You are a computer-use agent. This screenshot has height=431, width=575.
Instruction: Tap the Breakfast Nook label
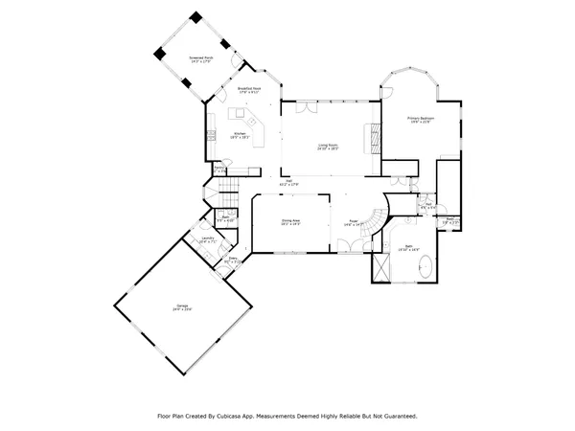pyautogui.click(x=250, y=90)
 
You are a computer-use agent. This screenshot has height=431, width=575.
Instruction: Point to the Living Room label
pyautogui.click(x=329, y=147)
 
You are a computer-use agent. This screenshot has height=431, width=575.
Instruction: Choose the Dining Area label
pyautogui.click(x=290, y=222)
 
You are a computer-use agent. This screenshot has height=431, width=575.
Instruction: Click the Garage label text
pyautogui.click(x=181, y=307)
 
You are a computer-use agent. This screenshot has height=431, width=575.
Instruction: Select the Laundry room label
pyautogui.click(x=206, y=240)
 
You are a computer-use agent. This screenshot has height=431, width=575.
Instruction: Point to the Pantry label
pyautogui.click(x=219, y=170)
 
